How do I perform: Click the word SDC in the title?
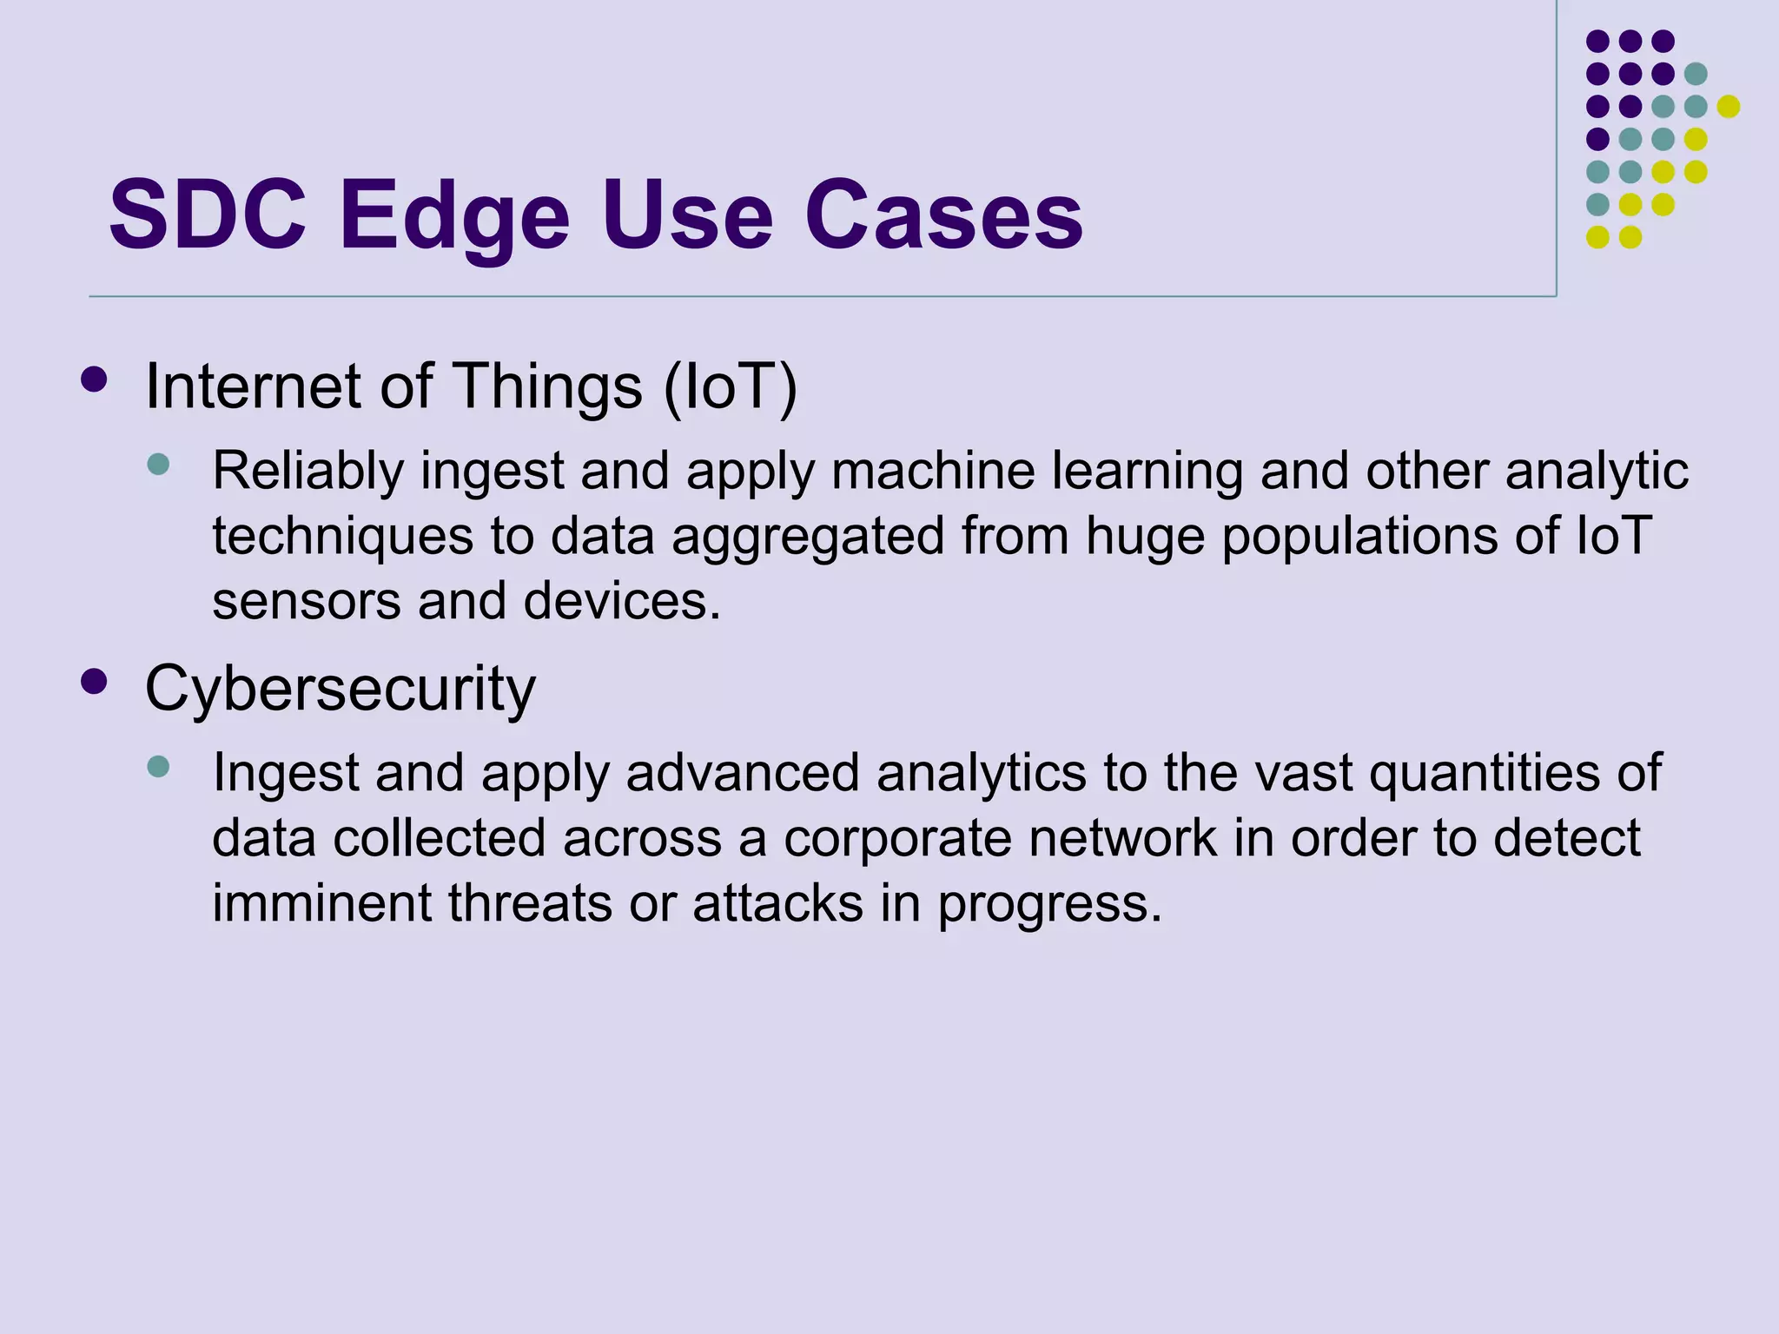(x=208, y=215)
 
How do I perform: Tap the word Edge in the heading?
(x=453, y=216)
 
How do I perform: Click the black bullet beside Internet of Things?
(x=93, y=380)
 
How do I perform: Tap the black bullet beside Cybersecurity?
(x=93, y=681)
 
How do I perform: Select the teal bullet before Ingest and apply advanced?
(x=158, y=766)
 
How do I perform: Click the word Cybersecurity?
(x=340, y=689)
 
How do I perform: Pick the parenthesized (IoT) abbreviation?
(x=730, y=386)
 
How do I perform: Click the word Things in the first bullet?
(x=547, y=386)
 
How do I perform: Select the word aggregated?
(x=808, y=537)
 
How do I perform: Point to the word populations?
(x=1360, y=537)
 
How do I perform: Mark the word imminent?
(x=321, y=903)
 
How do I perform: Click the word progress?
(x=1049, y=905)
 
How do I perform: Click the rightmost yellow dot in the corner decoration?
(x=1729, y=106)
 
